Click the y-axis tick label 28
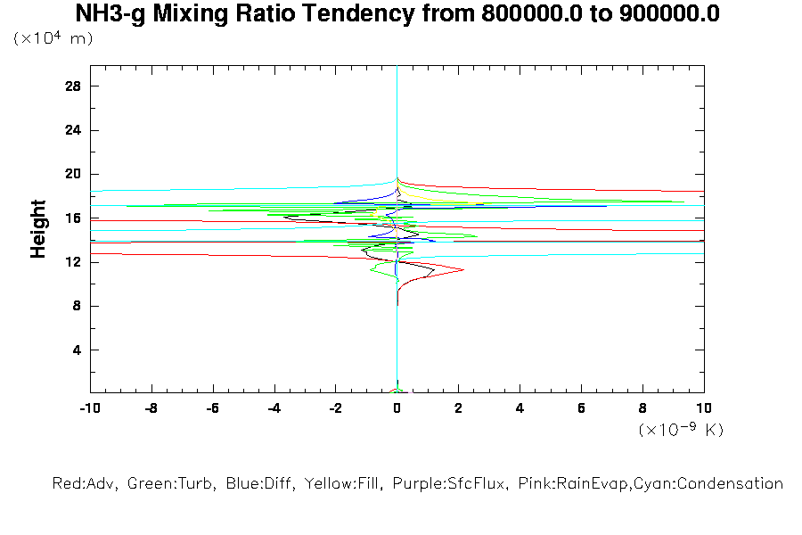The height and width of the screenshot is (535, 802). pos(73,86)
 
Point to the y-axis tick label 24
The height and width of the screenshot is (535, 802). pos(73,129)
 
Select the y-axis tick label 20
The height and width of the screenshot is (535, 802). pos(73,174)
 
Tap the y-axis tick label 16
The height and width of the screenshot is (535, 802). pos(73,218)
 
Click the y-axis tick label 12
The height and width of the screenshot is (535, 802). pos(73,262)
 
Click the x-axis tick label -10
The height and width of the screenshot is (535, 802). pos(88,407)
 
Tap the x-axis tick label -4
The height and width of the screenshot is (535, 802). pos(273,407)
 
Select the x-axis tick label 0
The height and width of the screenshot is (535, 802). pos(397,407)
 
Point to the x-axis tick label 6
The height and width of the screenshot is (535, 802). pos(581,407)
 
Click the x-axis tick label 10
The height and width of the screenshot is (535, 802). pos(704,407)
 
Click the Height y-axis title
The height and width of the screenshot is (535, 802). pos(38,229)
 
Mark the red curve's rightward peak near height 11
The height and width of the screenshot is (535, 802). pos(463,268)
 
